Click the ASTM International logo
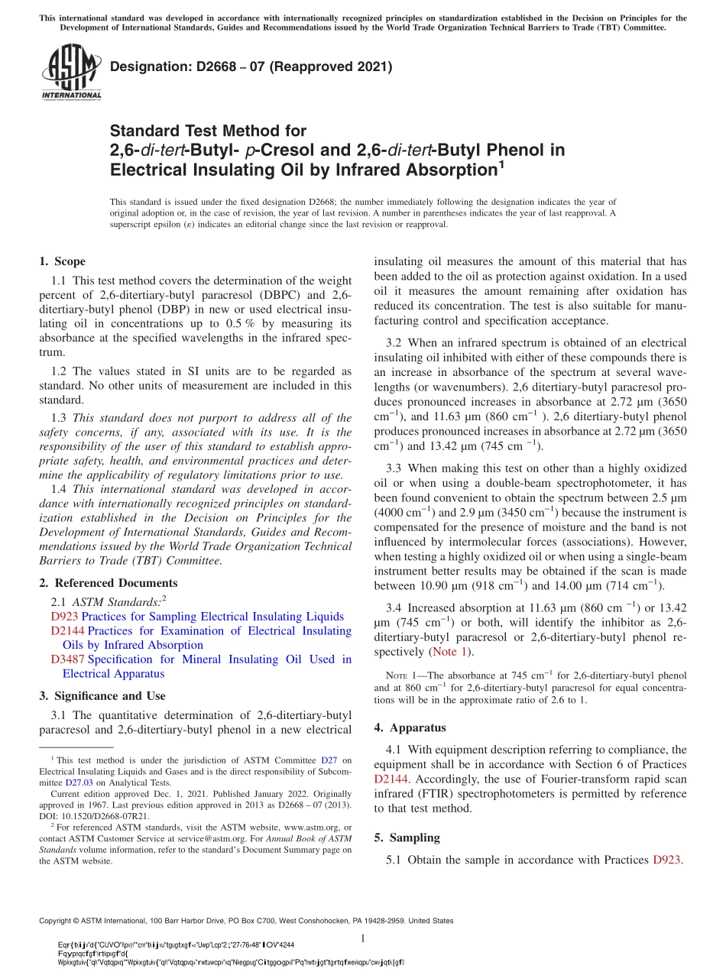(71, 72)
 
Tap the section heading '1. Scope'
(62, 261)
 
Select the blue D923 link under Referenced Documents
(65, 617)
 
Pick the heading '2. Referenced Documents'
(108, 583)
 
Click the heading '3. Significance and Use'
(102, 695)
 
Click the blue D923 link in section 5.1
(666, 860)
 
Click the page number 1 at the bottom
(363, 939)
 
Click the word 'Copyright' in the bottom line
(58, 921)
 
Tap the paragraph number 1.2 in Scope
(60, 371)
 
